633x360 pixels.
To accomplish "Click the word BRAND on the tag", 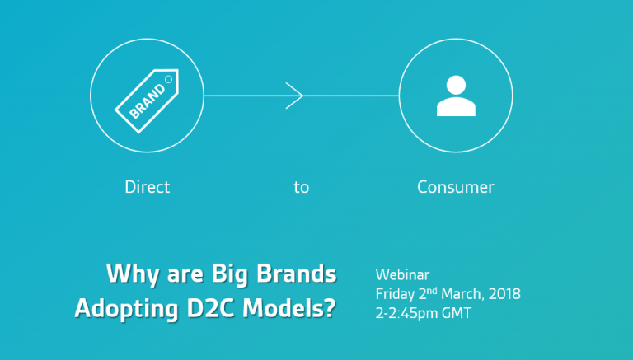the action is (x=148, y=101).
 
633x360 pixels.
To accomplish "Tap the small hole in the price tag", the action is (x=169, y=80).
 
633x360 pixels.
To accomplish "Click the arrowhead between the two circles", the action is (x=294, y=96).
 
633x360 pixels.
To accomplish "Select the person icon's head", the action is (x=456, y=85).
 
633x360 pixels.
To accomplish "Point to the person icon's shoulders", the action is (x=456, y=106).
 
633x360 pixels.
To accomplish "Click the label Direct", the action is (x=148, y=187).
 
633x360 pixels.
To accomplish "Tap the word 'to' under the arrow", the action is (x=302, y=188).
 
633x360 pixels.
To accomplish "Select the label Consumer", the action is (x=456, y=187).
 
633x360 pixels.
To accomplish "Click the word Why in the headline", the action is (x=133, y=274).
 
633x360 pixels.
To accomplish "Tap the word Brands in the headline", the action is (x=297, y=274).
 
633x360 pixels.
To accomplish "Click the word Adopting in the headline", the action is (x=126, y=309).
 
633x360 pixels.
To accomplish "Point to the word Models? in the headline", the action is (x=289, y=308).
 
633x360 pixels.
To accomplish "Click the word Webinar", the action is (x=402, y=275).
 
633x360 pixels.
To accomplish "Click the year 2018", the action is (x=504, y=294).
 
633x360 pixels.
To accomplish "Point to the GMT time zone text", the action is (x=457, y=313).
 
